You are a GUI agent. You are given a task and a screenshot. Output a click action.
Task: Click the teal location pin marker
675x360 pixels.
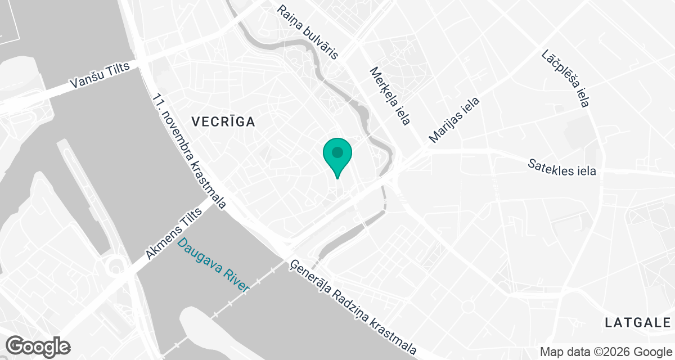(x=337, y=157)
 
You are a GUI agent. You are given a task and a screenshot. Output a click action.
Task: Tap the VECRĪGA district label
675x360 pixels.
(x=223, y=121)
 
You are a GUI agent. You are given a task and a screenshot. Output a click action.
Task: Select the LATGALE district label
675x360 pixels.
(x=638, y=322)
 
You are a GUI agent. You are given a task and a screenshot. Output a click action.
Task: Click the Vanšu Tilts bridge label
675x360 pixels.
(x=100, y=75)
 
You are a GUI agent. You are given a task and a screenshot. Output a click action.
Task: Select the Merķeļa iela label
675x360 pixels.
(x=388, y=96)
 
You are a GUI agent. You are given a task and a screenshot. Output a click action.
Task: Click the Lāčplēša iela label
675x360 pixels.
(x=565, y=78)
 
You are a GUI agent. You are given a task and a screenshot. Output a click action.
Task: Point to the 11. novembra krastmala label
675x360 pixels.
(x=189, y=151)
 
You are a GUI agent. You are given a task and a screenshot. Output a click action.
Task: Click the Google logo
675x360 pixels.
(x=38, y=346)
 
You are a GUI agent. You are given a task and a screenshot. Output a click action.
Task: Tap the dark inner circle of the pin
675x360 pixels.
(x=337, y=152)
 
